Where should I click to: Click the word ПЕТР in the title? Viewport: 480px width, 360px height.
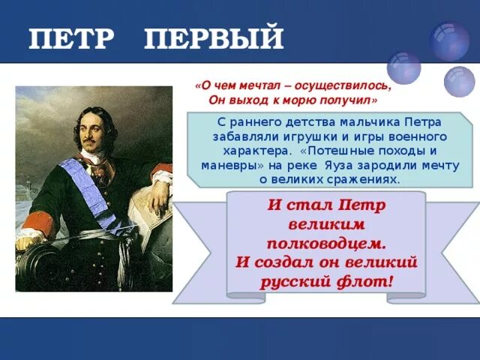point(71,38)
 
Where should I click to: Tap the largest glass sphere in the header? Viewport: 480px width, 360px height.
point(449,41)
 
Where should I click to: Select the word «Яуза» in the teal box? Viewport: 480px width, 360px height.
point(339,166)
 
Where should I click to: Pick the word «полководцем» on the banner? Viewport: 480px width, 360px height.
point(326,244)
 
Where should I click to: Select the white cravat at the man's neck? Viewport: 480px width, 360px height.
point(91,156)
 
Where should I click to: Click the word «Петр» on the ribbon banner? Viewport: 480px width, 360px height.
point(361,205)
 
